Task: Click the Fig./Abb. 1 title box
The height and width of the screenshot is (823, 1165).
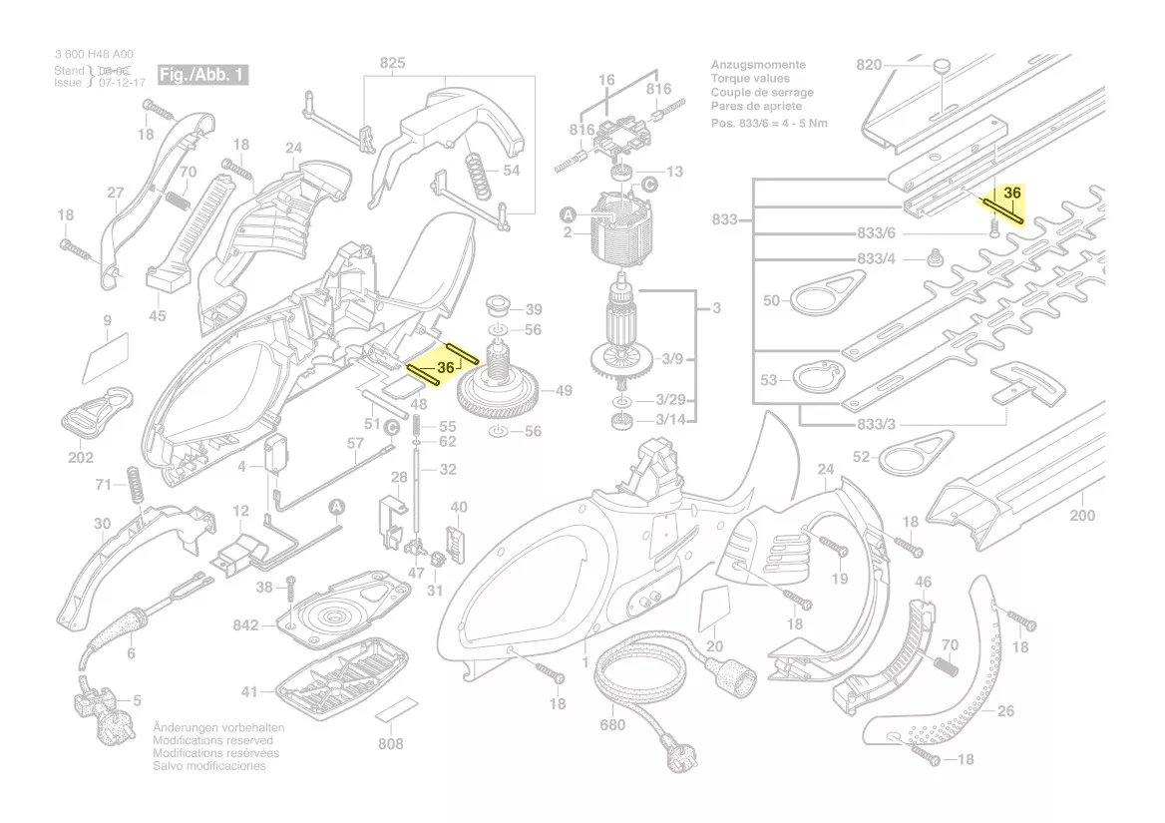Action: [202, 76]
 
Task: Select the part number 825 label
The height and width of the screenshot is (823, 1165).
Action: [393, 64]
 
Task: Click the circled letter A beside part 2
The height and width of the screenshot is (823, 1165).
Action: [568, 213]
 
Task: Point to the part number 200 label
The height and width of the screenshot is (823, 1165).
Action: [1082, 516]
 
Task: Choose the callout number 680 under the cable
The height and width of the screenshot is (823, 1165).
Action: [612, 725]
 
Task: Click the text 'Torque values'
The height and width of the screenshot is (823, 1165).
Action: [749, 79]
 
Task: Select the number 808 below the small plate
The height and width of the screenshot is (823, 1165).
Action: [391, 744]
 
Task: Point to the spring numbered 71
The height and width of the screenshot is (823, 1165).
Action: [134, 484]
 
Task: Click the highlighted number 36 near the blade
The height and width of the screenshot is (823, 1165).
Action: [1012, 193]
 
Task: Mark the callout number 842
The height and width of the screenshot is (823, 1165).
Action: [245, 625]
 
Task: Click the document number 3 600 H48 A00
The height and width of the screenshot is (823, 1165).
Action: [94, 55]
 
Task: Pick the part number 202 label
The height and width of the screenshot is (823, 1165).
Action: [80, 458]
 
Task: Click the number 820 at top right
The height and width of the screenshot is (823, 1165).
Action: [869, 65]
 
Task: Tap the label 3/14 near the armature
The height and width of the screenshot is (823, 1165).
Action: [671, 420]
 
